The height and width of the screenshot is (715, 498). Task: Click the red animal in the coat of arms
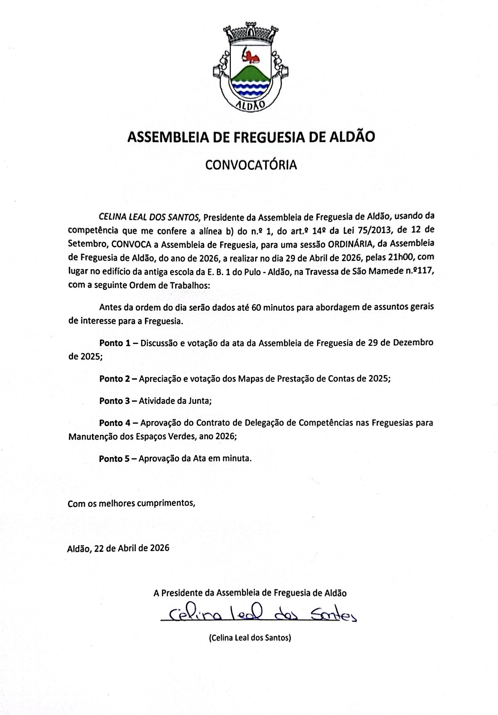(x=251, y=55)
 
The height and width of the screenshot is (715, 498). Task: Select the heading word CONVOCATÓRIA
(x=251, y=165)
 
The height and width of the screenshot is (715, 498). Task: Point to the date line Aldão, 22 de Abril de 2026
(x=118, y=548)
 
